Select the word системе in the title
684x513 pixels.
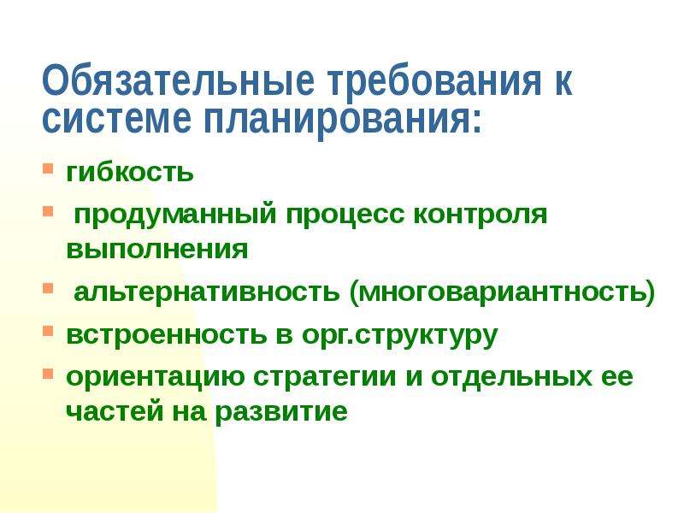point(116,118)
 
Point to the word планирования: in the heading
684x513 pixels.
point(343,121)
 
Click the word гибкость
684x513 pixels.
point(130,172)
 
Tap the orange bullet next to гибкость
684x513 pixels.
point(48,168)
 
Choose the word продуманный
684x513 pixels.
point(175,215)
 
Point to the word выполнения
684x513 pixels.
point(157,250)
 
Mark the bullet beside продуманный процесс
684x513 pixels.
point(48,211)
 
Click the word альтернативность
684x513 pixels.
point(207,292)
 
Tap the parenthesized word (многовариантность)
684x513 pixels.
point(502,292)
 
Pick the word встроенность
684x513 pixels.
point(166,334)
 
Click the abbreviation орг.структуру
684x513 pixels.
point(399,336)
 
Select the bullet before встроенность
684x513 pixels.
point(48,331)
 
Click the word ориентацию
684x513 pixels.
point(156,377)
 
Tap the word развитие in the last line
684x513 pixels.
point(282,412)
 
